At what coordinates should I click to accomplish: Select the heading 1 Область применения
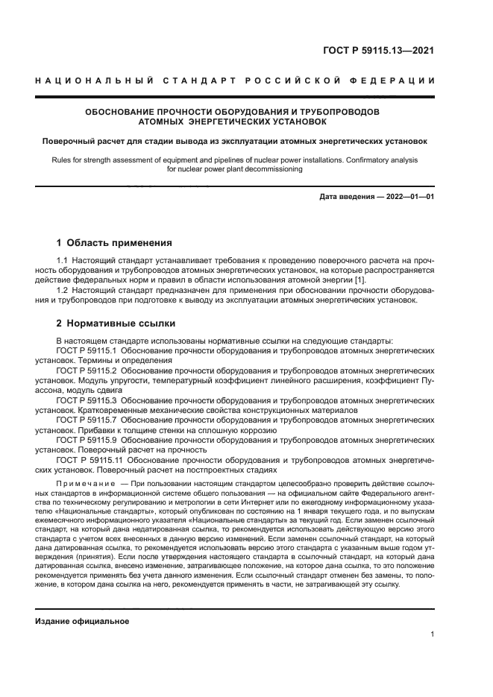(x=115, y=243)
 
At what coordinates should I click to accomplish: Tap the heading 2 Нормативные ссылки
(x=116, y=324)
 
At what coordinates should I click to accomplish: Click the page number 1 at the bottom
(x=433, y=634)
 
